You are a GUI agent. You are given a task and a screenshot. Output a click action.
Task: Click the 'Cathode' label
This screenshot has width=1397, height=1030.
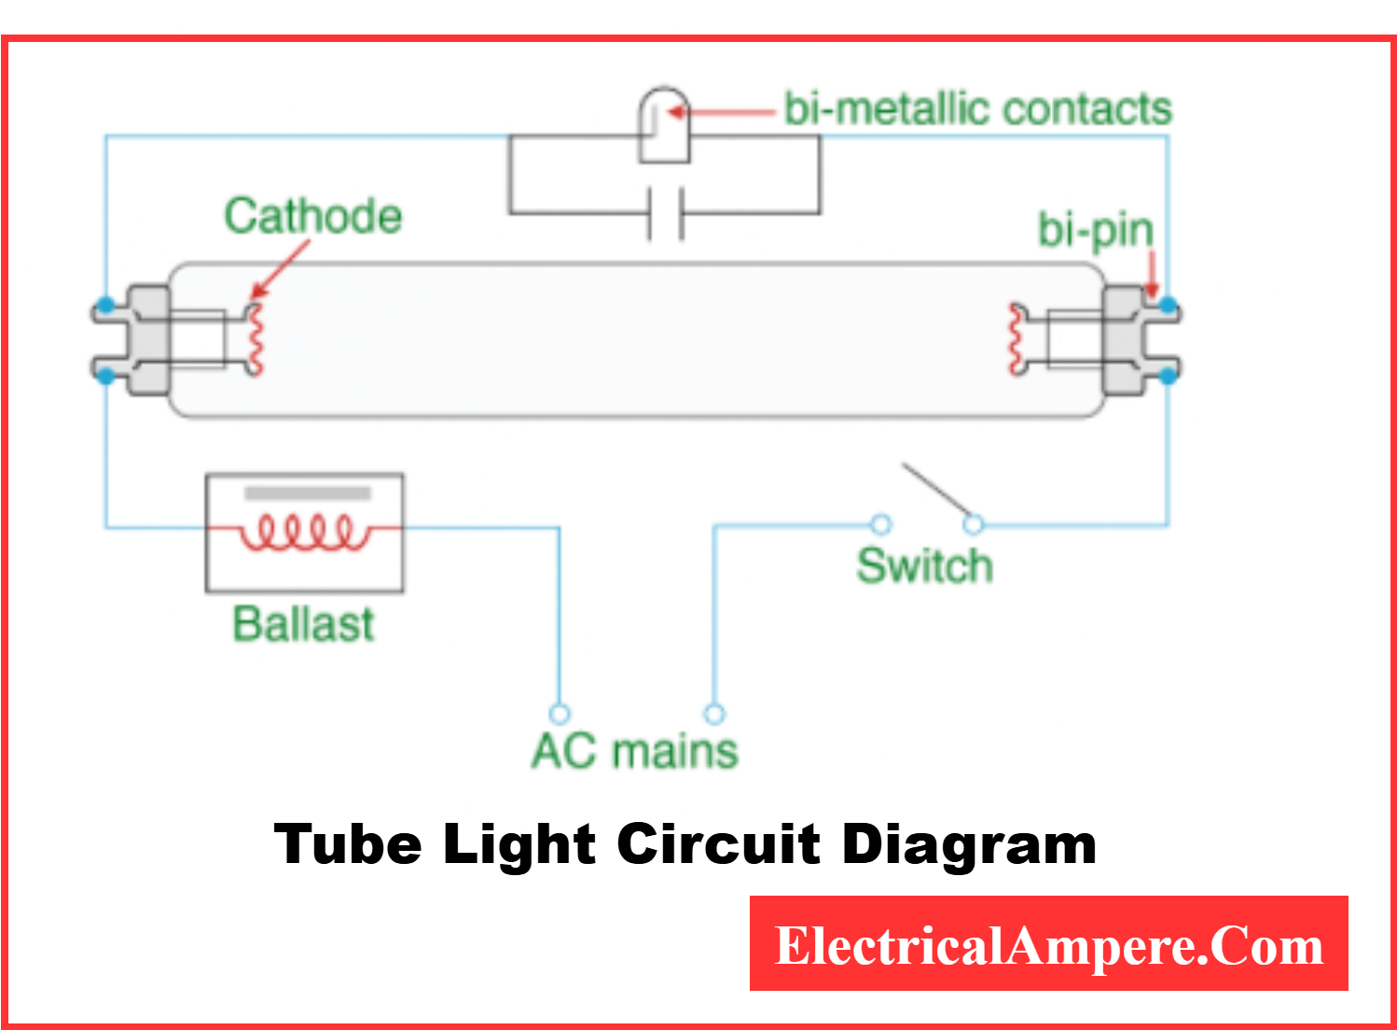click(312, 216)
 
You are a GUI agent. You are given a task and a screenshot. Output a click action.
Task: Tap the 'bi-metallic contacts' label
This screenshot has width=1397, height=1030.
click(976, 108)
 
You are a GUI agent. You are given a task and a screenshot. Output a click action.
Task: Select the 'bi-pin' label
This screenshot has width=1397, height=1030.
click(1095, 230)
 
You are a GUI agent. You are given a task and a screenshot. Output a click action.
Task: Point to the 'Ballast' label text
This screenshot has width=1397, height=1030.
click(303, 623)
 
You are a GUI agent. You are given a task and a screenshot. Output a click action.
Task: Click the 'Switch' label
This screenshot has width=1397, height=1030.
click(924, 565)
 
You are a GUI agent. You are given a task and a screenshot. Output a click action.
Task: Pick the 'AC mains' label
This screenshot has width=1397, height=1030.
click(634, 750)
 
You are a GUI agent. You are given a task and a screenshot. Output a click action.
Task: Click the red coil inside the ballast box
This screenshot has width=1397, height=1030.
click(303, 532)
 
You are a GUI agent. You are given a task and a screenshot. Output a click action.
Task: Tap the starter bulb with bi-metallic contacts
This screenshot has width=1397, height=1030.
click(663, 125)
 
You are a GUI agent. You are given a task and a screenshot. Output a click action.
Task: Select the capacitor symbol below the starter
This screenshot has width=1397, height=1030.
click(665, 214)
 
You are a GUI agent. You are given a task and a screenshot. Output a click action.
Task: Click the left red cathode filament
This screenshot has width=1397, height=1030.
click(255, 338)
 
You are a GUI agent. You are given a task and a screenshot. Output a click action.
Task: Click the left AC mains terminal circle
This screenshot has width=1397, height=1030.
click(560, 714)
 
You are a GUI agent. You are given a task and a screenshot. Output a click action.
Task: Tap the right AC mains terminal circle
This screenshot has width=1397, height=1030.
click(714, 714)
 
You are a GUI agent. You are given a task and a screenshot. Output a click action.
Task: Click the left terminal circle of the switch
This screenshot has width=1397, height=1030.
click(880, 524)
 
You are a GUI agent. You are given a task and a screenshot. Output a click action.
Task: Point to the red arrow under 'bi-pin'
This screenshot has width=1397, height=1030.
click(1151, 277)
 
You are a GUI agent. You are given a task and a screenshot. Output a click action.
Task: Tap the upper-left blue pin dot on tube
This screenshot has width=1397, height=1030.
click(106, 305)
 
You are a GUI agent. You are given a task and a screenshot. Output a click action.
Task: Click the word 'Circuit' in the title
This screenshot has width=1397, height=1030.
click(718, 843)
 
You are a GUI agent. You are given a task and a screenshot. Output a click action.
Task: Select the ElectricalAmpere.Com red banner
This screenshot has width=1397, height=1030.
click(1048, 943)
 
